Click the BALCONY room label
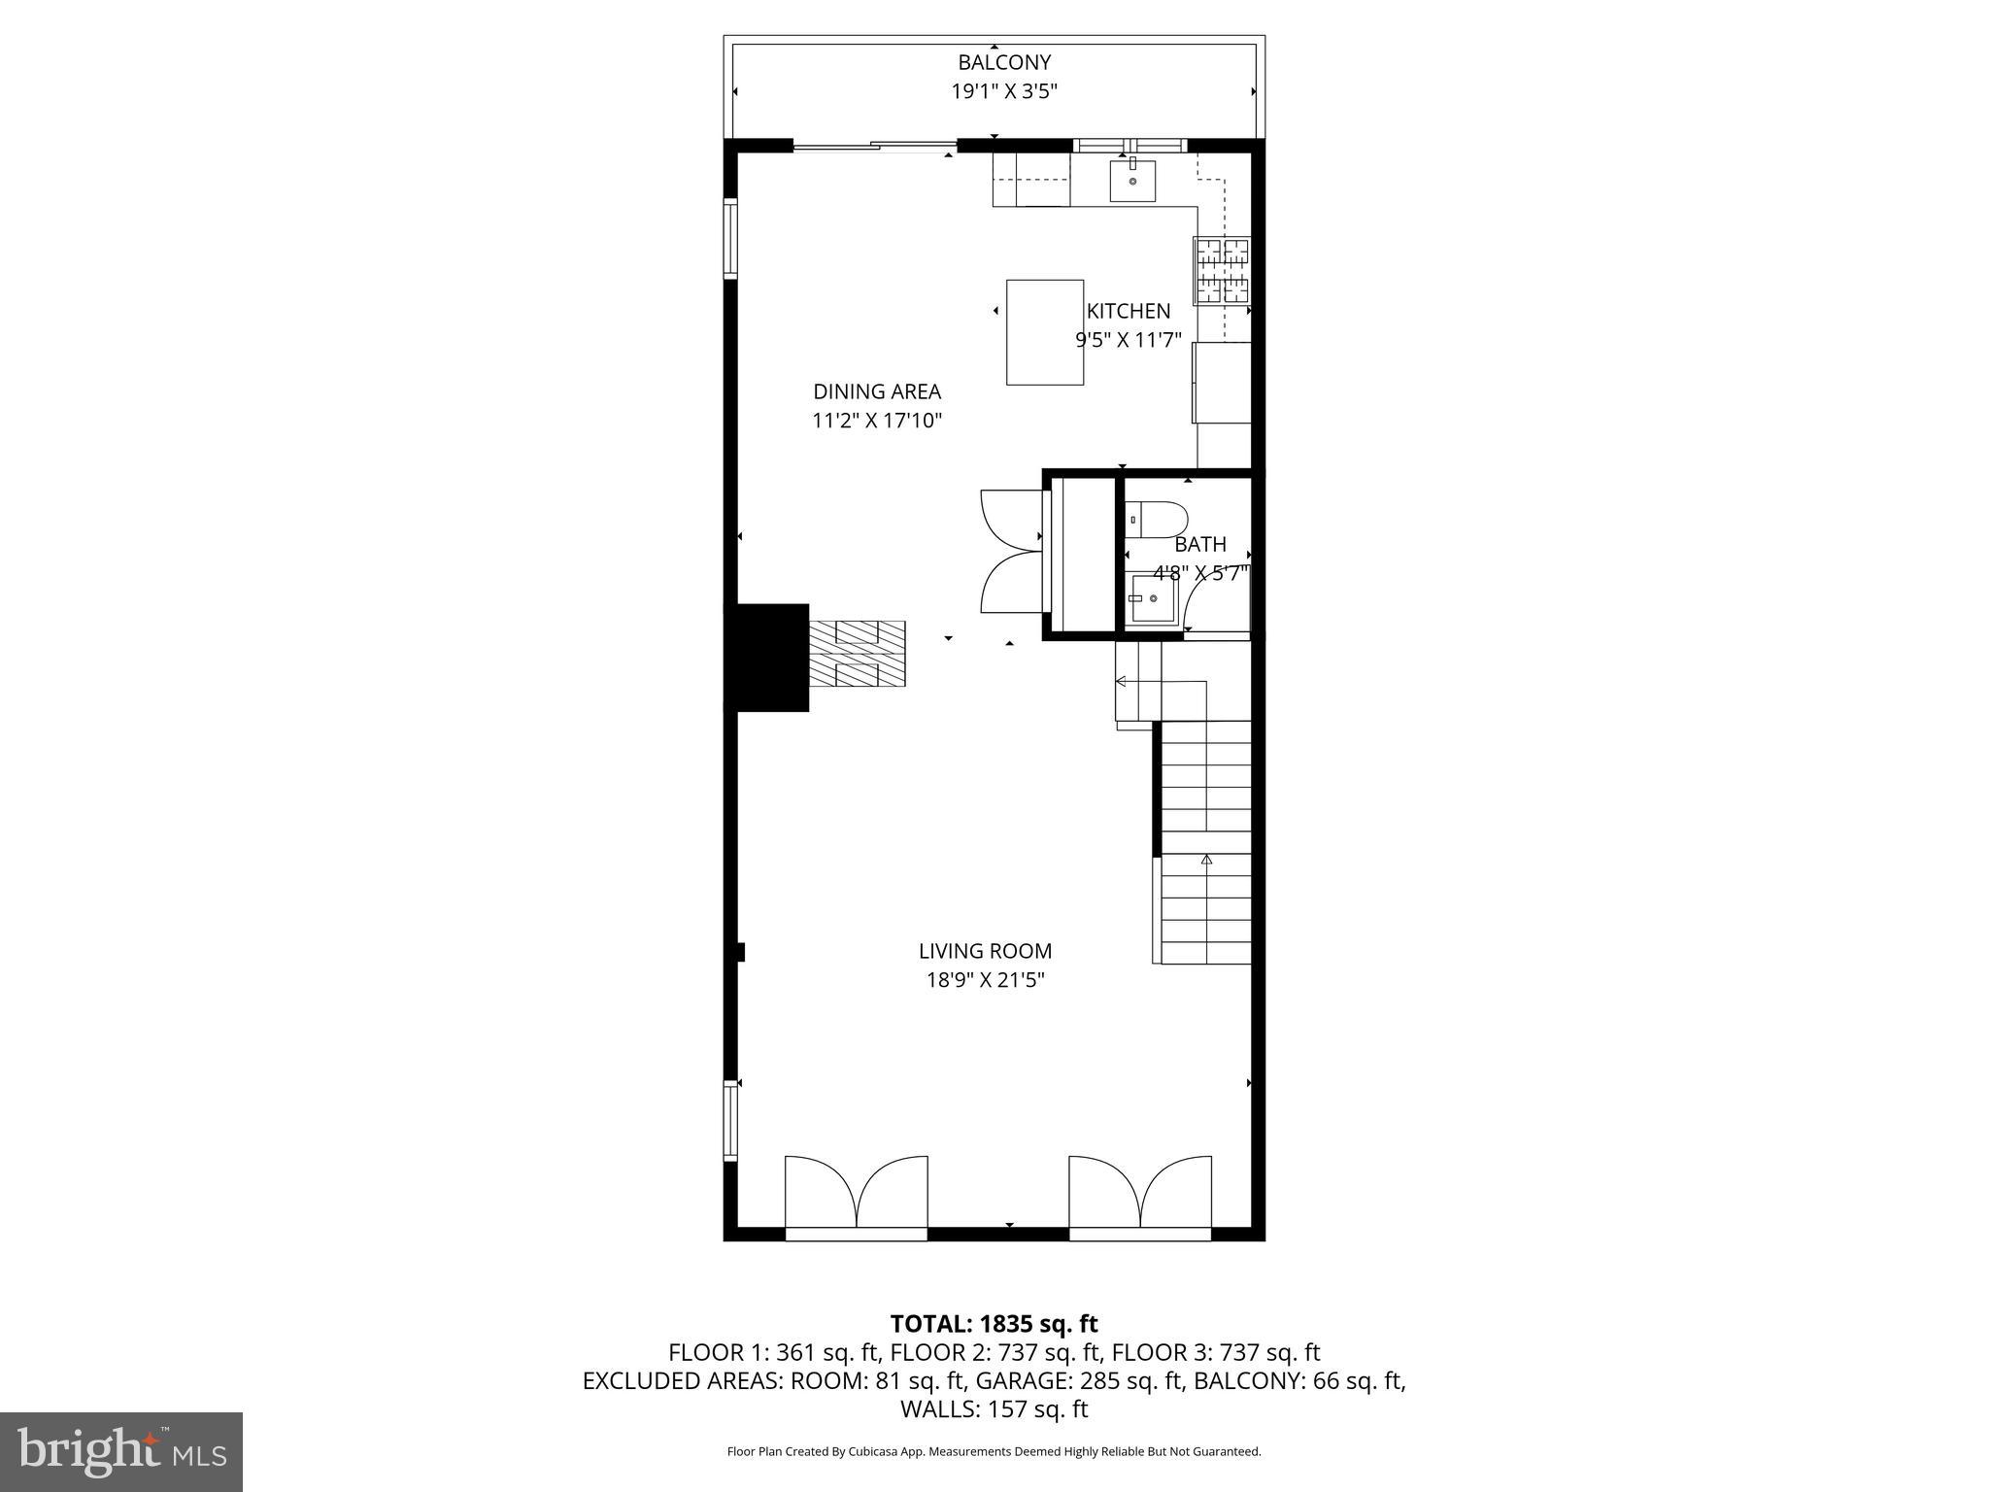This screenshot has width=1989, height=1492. [1003, 62]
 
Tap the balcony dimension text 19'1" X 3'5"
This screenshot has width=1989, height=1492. [1003, 92]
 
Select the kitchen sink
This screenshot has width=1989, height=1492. [1132, 181]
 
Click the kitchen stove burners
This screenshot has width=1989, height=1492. [1222, 271]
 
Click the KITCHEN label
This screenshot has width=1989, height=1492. [1128, 311]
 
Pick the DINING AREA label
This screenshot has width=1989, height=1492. [876, 391]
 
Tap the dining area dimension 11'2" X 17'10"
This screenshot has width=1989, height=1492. [876, 421]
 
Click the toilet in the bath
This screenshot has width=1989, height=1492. [1156, 520]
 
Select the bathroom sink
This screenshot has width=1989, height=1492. [1152, 599]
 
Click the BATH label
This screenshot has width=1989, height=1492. [1200, 544]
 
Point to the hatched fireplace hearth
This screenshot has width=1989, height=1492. [858, 655]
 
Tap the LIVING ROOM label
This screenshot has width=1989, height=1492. [985, 951]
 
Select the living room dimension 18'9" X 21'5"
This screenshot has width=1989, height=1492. [985, 980]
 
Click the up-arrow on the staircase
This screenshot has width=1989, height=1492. [1206, 859]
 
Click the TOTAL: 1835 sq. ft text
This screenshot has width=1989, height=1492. [994, 1323]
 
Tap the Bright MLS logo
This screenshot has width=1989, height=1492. [121, 1451]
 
